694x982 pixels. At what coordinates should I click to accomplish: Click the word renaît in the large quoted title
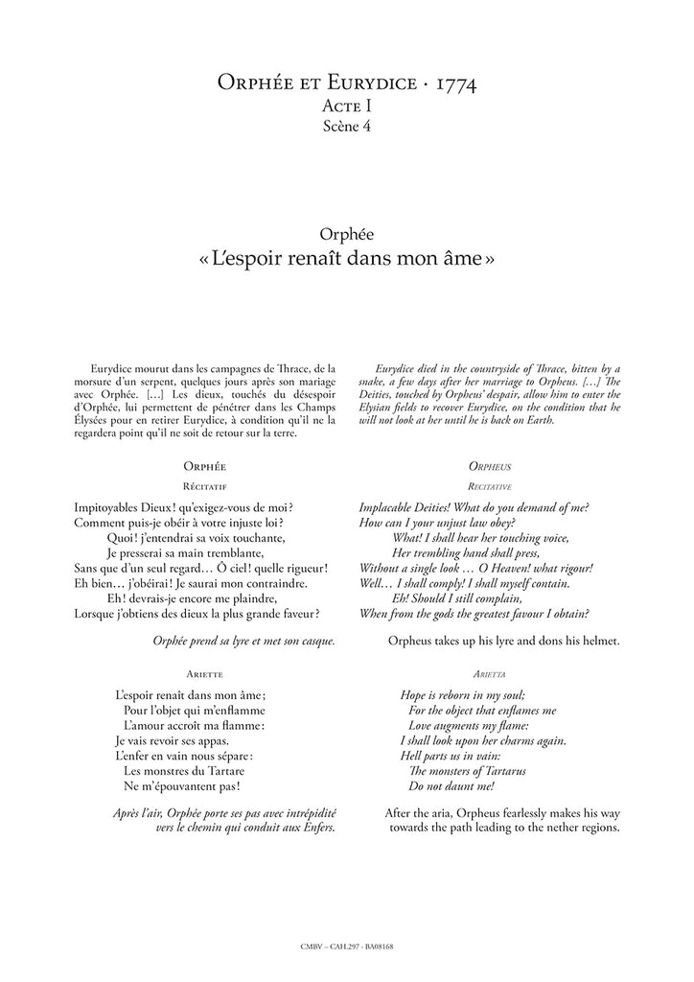tap(318, 259)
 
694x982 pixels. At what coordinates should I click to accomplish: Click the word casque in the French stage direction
tap(313, 640)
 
